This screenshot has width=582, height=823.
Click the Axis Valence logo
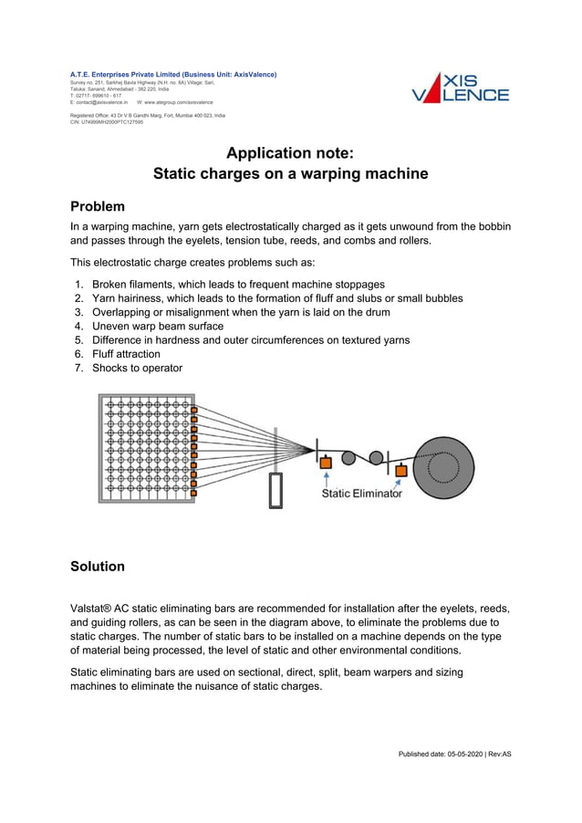point(460,87)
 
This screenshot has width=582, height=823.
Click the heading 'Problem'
point(98,206)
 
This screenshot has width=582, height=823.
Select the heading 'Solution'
point(98,566)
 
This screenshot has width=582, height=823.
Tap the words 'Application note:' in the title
point(290,152)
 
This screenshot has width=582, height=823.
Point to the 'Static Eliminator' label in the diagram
point(361,493)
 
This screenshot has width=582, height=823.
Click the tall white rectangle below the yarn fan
point(275,490)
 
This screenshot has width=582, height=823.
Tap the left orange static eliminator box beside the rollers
point(326,464)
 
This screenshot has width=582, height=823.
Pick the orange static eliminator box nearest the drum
point(400,471)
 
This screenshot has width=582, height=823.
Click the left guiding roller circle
point(348,457)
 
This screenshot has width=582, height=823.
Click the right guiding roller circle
point(375,457)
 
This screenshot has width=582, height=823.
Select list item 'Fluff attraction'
point(126,354)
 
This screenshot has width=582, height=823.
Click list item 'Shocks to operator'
point(137,368)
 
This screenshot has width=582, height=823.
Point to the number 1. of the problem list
point(79,285)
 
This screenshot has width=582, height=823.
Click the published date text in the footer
point(454,754)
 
